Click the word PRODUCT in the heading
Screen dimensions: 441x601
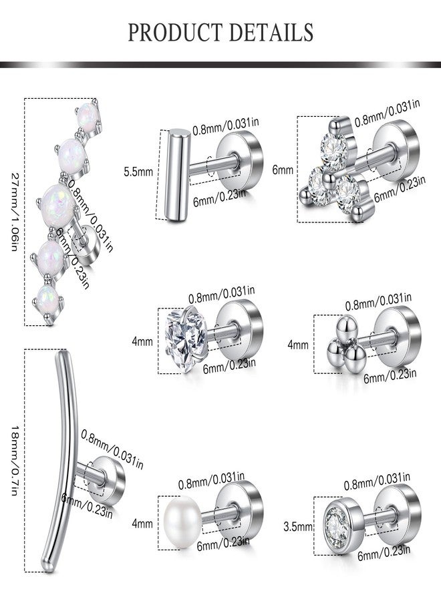(x=175, y=32)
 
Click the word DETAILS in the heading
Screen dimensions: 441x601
(x=271, y=32)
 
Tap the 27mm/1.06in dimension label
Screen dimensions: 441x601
(x=15, y=212)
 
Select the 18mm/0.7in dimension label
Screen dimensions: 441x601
(x=15, y=459)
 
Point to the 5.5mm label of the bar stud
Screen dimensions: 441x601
(x=138, y=172)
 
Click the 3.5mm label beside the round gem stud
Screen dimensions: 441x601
(x=298, y=527)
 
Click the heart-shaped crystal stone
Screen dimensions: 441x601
(x=186, y=332)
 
